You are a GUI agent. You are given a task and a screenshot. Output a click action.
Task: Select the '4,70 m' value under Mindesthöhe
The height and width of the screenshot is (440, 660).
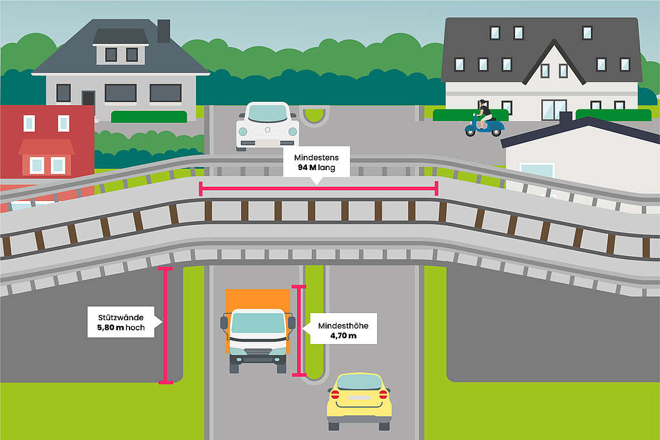(x=343, y=336)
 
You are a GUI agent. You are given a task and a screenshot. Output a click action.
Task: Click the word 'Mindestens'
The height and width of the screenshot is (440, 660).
(x=316, y=158)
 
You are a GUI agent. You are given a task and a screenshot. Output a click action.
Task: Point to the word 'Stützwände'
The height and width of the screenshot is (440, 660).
(x=121, y=318)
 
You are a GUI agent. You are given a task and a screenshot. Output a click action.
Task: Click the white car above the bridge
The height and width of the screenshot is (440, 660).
(x=267, y=126)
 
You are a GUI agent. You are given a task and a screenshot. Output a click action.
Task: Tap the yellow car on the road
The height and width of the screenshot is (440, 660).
(x=359, y=401)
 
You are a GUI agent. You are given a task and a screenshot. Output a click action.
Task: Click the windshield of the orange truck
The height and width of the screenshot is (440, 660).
(x=258, y=323)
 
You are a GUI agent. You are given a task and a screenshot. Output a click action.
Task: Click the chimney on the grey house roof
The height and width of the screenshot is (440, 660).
(x=164, y=30)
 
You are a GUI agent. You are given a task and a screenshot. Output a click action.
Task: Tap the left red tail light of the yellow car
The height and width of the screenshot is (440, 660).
(x=335, y=394)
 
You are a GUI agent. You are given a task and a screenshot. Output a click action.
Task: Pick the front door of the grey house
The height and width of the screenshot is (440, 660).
(x=88, y=98)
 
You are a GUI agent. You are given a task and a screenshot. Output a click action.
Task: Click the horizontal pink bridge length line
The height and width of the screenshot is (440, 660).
(x=318, y=189)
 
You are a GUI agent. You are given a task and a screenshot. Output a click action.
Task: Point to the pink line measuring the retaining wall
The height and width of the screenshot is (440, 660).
(x=166, y=325)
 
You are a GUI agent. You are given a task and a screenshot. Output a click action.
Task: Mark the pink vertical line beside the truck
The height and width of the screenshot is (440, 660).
(x=299, y=330)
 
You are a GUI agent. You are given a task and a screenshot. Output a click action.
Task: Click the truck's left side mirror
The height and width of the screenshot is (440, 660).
(x=224, y=323)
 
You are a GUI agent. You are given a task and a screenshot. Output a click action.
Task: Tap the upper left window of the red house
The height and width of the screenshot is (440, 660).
(x=29, y=123)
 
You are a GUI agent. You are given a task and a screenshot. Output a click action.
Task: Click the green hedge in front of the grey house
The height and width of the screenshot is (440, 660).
(x=149, y=117)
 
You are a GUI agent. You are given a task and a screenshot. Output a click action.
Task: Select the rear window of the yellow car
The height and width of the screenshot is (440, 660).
(x=359, y=383)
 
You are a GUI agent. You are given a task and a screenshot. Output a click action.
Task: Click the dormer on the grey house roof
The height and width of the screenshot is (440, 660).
(x=121, y=46)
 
